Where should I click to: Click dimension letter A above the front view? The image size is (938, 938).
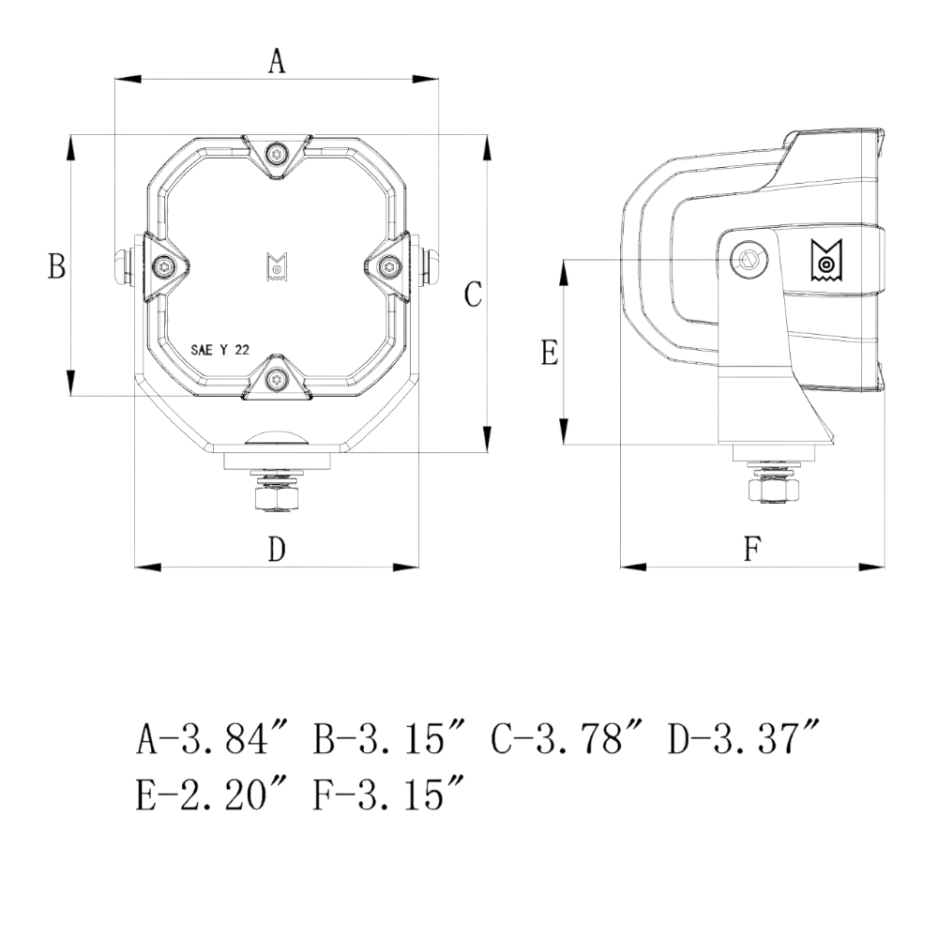(x=276, y=61)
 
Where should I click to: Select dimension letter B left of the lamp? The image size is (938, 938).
(x=56, y=267)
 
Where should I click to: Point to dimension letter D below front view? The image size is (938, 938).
(x=276, y=550)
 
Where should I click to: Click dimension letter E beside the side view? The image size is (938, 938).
(x=551, y=353)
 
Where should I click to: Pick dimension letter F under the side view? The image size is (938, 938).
(x=750, y=550)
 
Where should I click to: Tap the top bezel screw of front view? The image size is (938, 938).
(x=276, y=154)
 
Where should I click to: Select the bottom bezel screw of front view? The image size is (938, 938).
(x=276, y=380)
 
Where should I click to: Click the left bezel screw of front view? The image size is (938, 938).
(x=164, y=267)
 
